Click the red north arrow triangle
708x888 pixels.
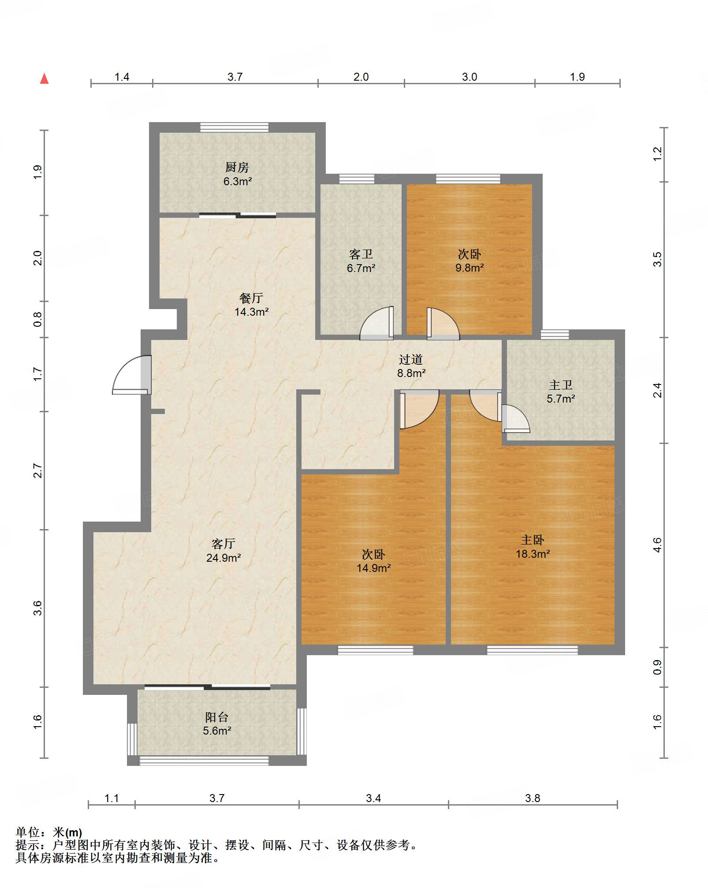pyautogui.click(x=44, y=78)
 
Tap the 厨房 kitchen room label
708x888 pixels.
pyautogui.click(x=237, y=167)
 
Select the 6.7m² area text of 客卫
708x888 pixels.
pyautogui.click(x=361, y=268)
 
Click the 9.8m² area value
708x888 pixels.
pyautogui.click(x=470, y=268)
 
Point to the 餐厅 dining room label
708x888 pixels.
pyautogui.click(x=251, y=298)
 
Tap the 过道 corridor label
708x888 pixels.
pyautogui.click(x=411, y=359)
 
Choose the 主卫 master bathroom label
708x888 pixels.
pyautogui.click(x=561, y=385)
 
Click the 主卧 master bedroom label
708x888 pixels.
pyautogui.click(x=533, y=540)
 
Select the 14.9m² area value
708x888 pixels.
pyautogui.click(x=374, y=568)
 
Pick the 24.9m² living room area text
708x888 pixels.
pyautogui.click(x=224, y=558)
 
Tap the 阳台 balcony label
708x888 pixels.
pyautogui.click(x=217, y=717)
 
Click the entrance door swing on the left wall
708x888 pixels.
pyautogui.click(x=131, y=375)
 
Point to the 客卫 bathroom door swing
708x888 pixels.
pyautogui.click(x=376, y=323)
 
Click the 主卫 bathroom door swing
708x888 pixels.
pyautogui.click(x=515, y=419)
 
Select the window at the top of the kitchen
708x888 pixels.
pyautogui.click(x=234, y=127)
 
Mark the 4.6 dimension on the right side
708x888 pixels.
pyautogui.click(x=657, y=545)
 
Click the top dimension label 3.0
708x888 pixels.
pyautogui.click(x=470, y=77)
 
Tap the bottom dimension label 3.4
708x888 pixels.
pyautogui.click(x=373, y=798)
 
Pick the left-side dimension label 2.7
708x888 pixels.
pyautogui.click(x=38, y=471)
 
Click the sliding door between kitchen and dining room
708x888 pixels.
pyautogui.click(x=238, y=216)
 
